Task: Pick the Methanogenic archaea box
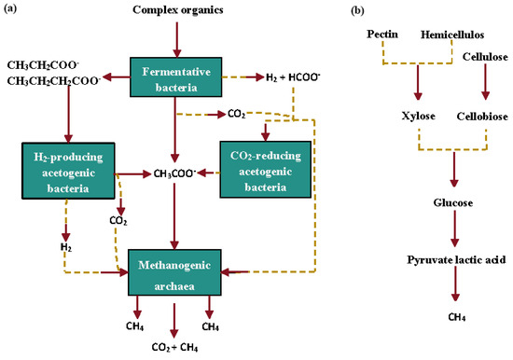(175, 272)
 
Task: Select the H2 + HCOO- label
(292, 78)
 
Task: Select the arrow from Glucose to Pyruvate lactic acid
(454, 228)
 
